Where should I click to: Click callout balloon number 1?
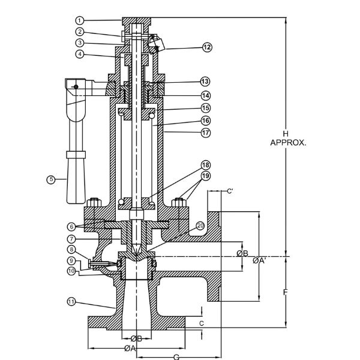[x=79, y=20]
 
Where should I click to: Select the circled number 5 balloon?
[x=51, y=179]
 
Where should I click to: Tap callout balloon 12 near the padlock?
[x=207, y=47]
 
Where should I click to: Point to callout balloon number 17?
[x=205, y=133]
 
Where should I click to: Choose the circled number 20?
[x=200, y=226]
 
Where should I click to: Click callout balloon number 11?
[x=71, y=301]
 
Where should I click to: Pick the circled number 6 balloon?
[x=71, y=227]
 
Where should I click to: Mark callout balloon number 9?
[x=71, y=260]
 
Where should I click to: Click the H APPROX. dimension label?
[x=288, y=138]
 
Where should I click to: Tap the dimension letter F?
[x=286, y=292]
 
